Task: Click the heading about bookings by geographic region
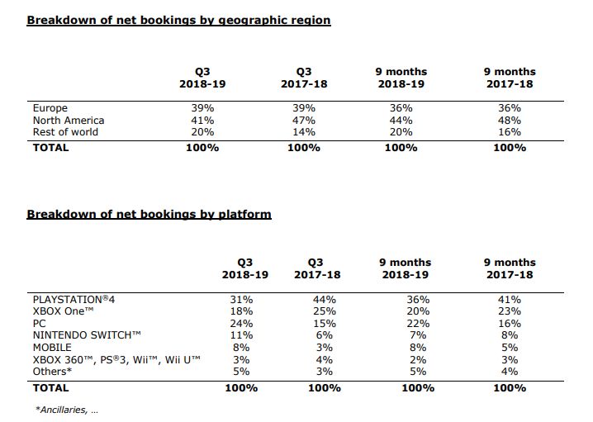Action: point(178,20)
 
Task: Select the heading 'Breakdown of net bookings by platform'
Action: point(149,214)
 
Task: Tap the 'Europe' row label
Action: point(50,108)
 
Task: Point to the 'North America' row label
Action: point(69,120)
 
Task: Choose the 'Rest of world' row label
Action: point(65,131)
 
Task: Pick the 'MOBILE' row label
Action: point(54,348)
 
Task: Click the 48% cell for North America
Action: point(510,120)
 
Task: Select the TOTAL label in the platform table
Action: point(50,386)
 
